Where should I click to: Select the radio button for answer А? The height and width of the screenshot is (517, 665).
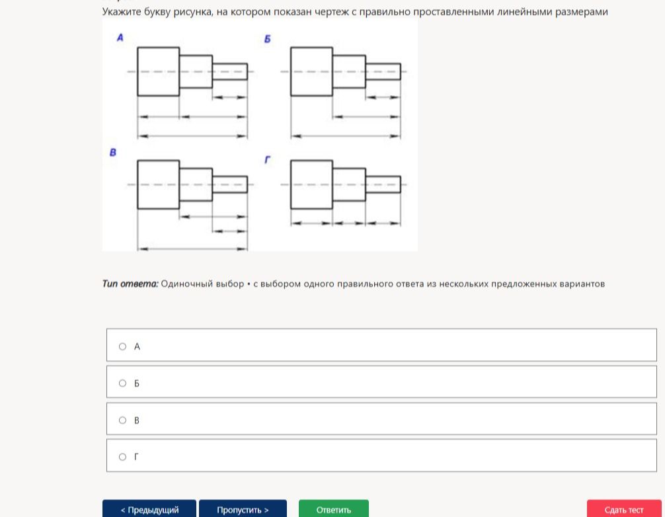[x=122, y=346]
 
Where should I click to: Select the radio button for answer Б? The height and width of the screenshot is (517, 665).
[x=122, y=383]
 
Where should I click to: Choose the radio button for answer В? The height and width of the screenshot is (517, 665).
[x=122, y=420]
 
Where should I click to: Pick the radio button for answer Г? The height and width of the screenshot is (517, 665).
[x=122, y=457]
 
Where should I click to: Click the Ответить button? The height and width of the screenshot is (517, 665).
[x=333, y=509]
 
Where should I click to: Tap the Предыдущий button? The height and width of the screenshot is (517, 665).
[x=149, y=509]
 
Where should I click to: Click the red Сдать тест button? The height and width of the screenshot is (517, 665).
[x=624, y=509]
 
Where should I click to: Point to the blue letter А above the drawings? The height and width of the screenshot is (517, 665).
[x=120, y=38]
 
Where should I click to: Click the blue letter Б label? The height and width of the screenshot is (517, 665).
[x=267, y=39]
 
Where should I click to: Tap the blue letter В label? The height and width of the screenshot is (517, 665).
[x=113, y=152]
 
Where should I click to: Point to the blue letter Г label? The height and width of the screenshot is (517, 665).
[x=267, y=159]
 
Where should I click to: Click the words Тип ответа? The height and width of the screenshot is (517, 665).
[x=130, y=284]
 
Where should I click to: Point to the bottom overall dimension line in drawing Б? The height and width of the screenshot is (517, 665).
[x=346, y=136]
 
